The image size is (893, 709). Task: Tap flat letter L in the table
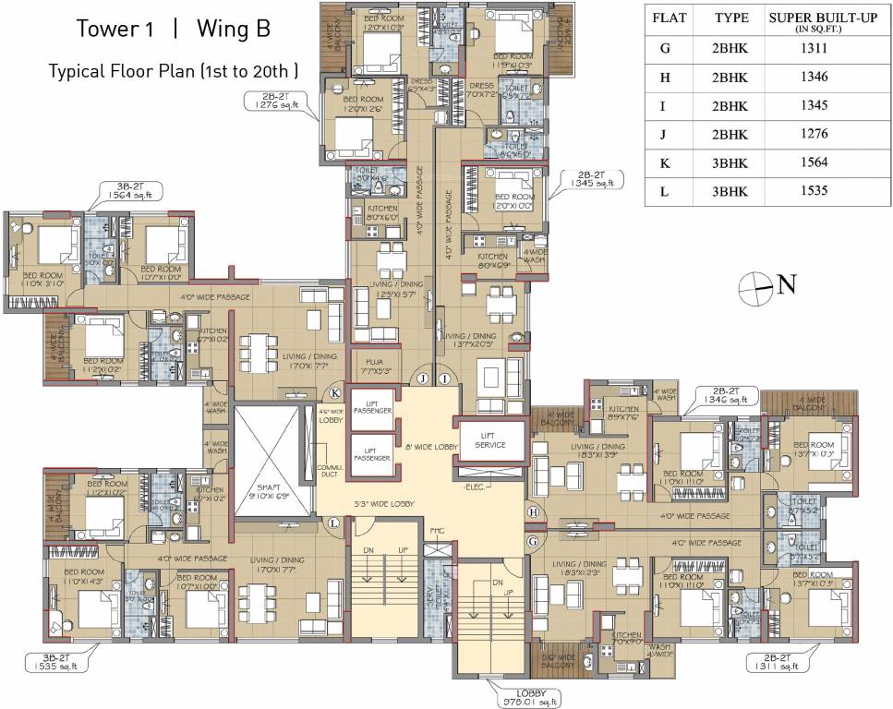(664, 191)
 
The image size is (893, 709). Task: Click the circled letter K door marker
(334, 392)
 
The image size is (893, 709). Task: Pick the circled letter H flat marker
(533, 512)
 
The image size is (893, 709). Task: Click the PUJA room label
(374, 363)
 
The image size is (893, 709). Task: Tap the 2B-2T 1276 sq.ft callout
(270, 102)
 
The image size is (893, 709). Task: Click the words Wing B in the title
(233, 29)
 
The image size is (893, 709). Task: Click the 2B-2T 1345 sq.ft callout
(588, 178)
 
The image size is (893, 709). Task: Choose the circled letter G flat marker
(533, 539)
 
